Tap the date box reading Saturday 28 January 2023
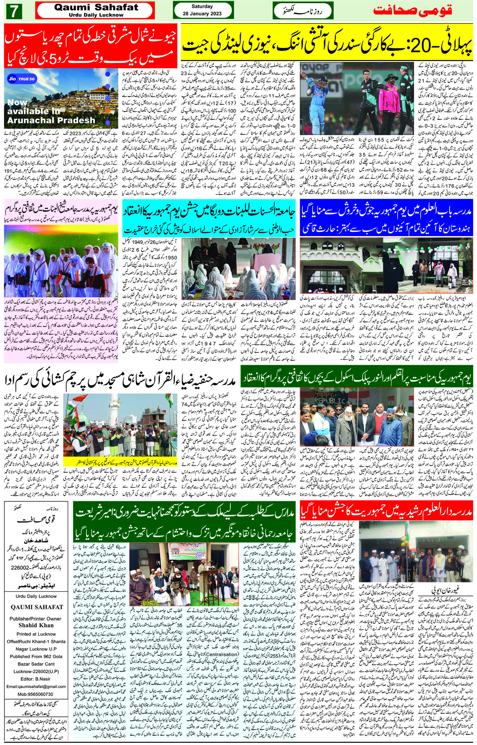pyautogui.click(x=202, y=10)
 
